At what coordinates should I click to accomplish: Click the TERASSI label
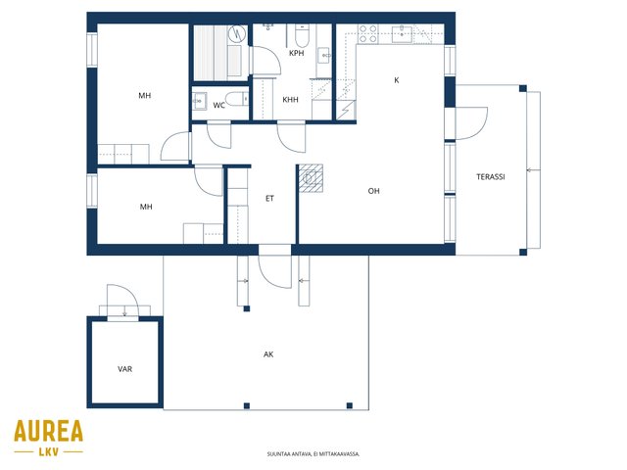[x=490, y=176]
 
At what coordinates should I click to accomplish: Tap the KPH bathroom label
[x=296, y=53]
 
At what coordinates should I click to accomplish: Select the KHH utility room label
[x=290, y=100]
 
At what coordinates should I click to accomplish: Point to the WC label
[x=218, y=106]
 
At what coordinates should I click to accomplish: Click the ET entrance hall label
[x=270, y=198]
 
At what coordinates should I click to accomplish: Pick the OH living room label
[x=373, y=191]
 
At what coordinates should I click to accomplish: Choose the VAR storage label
[x=124, y=369]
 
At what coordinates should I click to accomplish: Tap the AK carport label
[x=268, y=354]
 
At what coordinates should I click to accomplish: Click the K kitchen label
[x=396, y=80]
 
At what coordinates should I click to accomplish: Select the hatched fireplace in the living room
[x=311, y=178]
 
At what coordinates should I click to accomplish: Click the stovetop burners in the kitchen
[x=367, y=34]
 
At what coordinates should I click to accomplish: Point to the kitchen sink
[x=402, y=33]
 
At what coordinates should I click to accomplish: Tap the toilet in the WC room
[x=237, y=99]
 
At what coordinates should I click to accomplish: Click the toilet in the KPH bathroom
[x=302, y=35]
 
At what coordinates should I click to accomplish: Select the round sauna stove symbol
[x=237, y=34]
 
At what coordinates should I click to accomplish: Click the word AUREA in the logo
[x=48, y=431]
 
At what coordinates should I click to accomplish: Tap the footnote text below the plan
[x=313, y=454]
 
